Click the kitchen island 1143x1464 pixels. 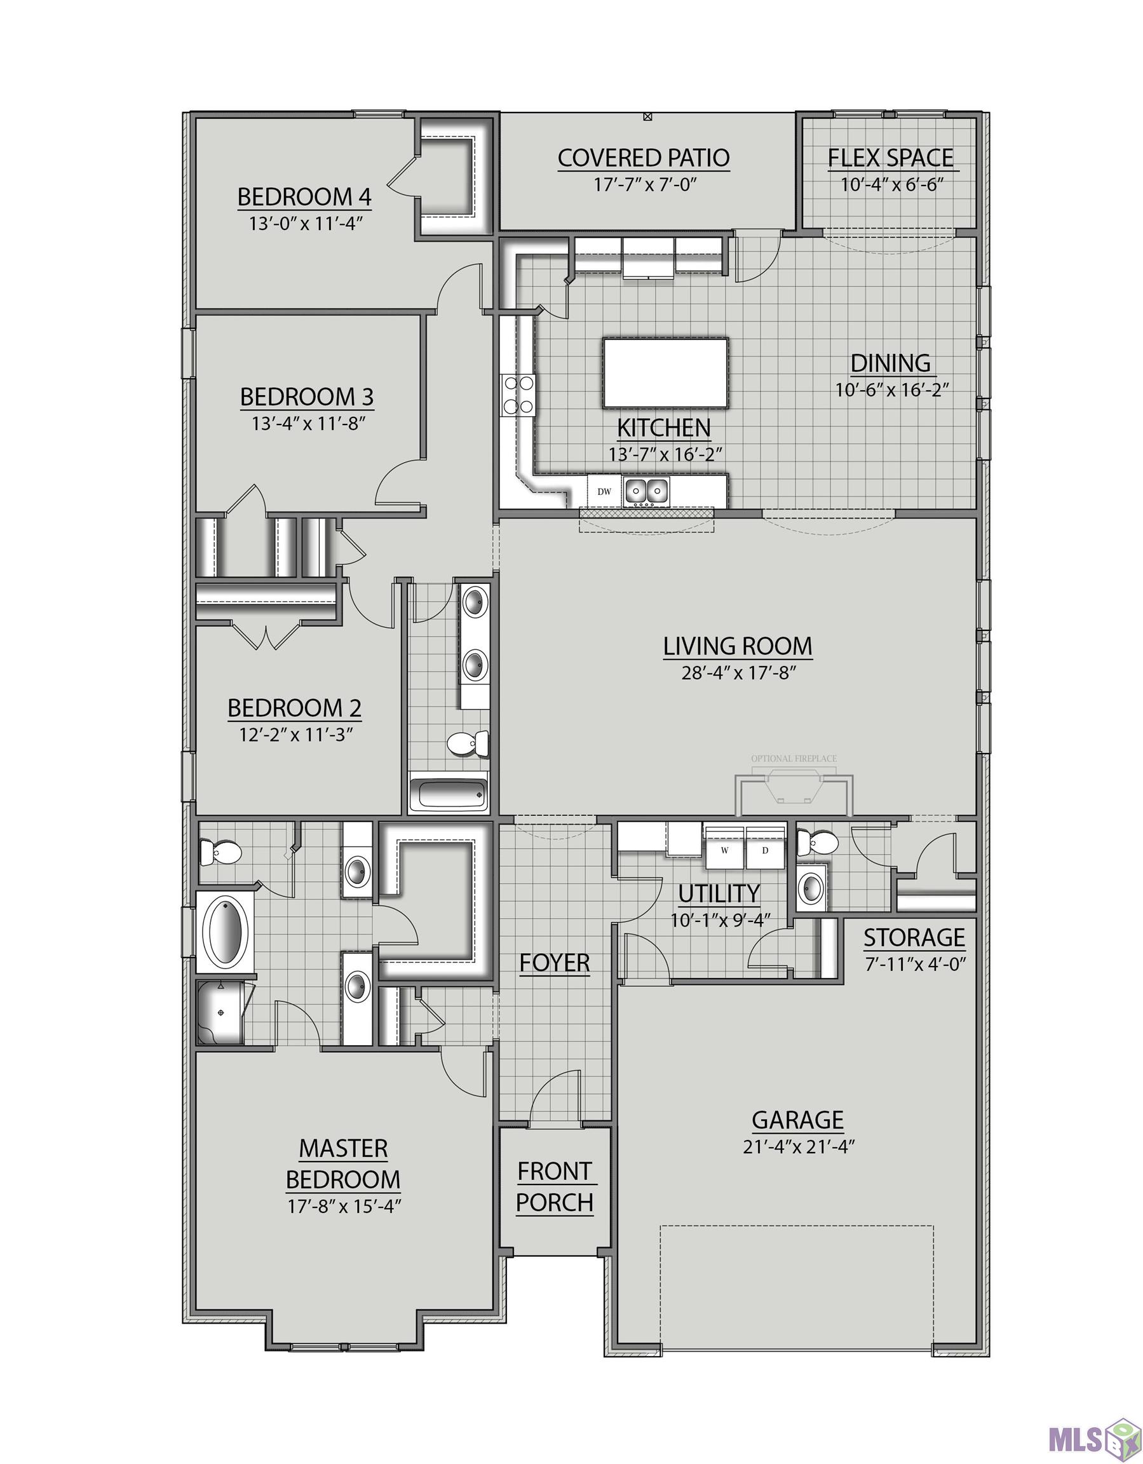[665, 373]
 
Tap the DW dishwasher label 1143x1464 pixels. [604, 491]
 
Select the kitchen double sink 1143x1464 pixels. [647, 491]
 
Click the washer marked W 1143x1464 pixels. [724, 850]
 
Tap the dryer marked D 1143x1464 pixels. [766, 850]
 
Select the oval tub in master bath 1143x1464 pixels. [226, 932]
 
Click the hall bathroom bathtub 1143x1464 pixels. [449, 794]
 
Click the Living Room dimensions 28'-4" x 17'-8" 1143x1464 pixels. [738, 673]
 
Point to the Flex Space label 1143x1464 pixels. [890, 158]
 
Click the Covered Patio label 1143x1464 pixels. [644, 158]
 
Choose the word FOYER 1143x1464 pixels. [555, 963]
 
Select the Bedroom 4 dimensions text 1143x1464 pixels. [306, 224]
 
